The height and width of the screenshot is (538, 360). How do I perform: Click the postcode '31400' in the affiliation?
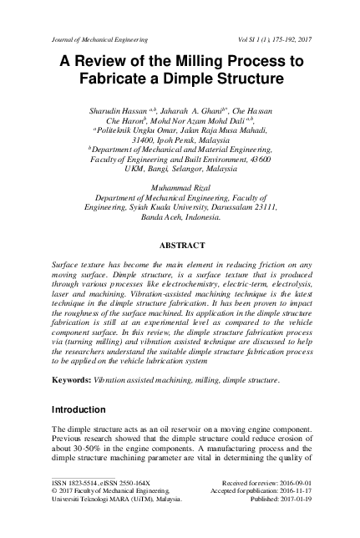(x=146, y=132)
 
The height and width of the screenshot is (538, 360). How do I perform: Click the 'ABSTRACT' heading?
(x=180, y=246)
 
